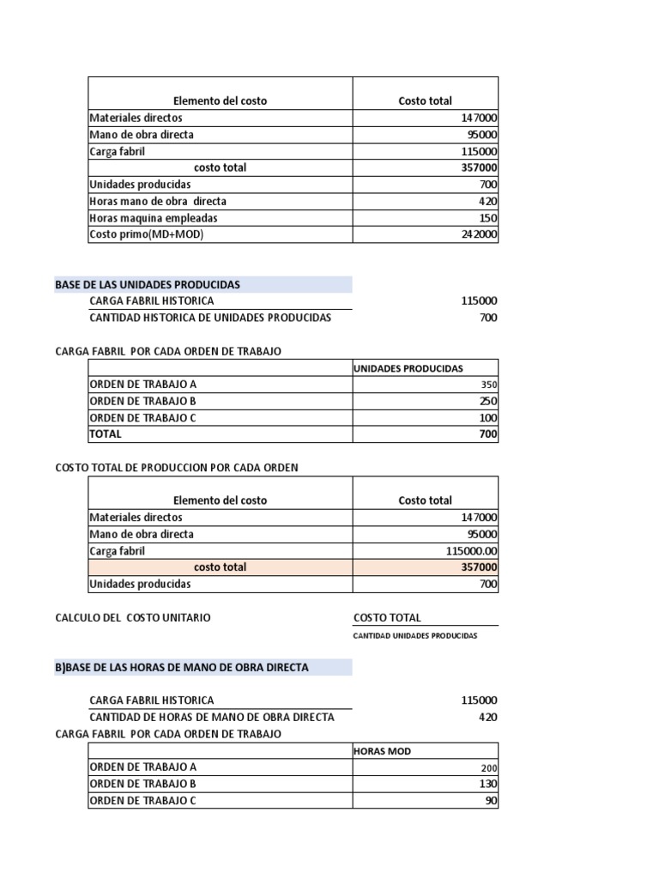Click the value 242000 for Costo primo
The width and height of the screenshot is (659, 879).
point(479,234)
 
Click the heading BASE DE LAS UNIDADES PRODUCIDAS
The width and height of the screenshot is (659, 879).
point(148,284)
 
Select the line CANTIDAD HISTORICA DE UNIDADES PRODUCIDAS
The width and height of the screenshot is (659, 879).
point(210,318)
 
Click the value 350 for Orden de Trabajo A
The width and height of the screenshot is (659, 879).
point(488,385)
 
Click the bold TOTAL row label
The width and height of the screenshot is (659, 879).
point(106,434)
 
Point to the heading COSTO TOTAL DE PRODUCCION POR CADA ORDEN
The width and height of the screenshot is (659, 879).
point(177,468)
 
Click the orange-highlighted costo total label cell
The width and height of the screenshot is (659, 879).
point(220,567)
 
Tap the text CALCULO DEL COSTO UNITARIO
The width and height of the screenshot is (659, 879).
point(133,618)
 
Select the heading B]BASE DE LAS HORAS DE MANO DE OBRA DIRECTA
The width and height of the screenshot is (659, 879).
point(182,667)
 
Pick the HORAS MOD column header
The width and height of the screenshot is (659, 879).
point(383,751)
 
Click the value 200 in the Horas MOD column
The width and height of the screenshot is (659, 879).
point(488,767)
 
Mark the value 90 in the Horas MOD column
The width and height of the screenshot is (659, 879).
point(490,801)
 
